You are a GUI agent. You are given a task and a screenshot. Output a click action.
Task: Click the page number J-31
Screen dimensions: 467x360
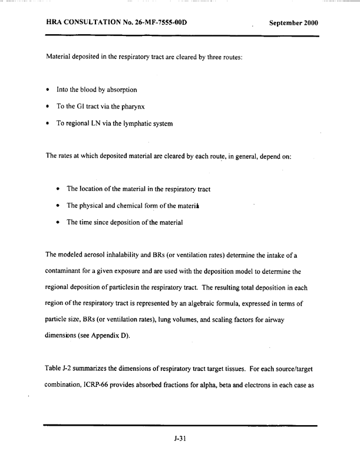(180, 439)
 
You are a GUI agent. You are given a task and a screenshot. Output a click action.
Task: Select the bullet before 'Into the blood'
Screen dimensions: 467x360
(47, 90)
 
